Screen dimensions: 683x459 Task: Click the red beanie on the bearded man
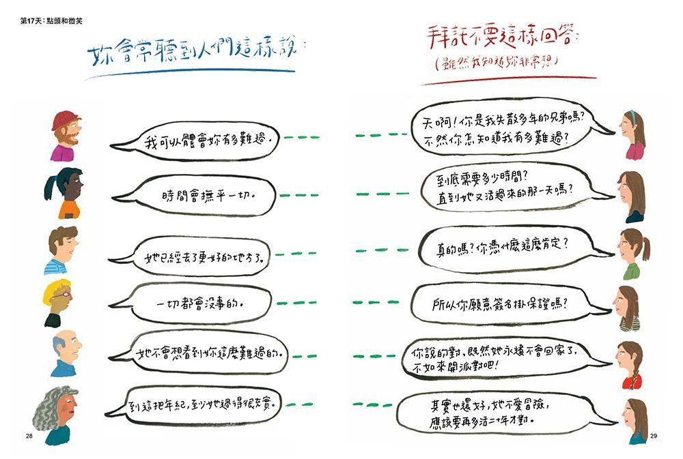(x=65, y=120)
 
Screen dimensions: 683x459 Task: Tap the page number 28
(x=29, y=436)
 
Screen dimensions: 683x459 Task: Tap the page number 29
(x=654, y=436)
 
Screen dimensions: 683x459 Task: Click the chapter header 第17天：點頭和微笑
(x=51, y=21)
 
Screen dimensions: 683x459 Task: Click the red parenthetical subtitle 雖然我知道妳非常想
(x=497, y=63)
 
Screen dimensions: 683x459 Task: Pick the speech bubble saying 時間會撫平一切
(x=195, y=195)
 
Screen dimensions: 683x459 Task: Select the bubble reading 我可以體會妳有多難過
(x=195, y=140)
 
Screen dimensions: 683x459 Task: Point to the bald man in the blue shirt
(x=66, y=353)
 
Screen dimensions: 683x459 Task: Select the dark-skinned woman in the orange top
(x=64, y=193)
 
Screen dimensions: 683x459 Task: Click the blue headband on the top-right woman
(x=632, y=117)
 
